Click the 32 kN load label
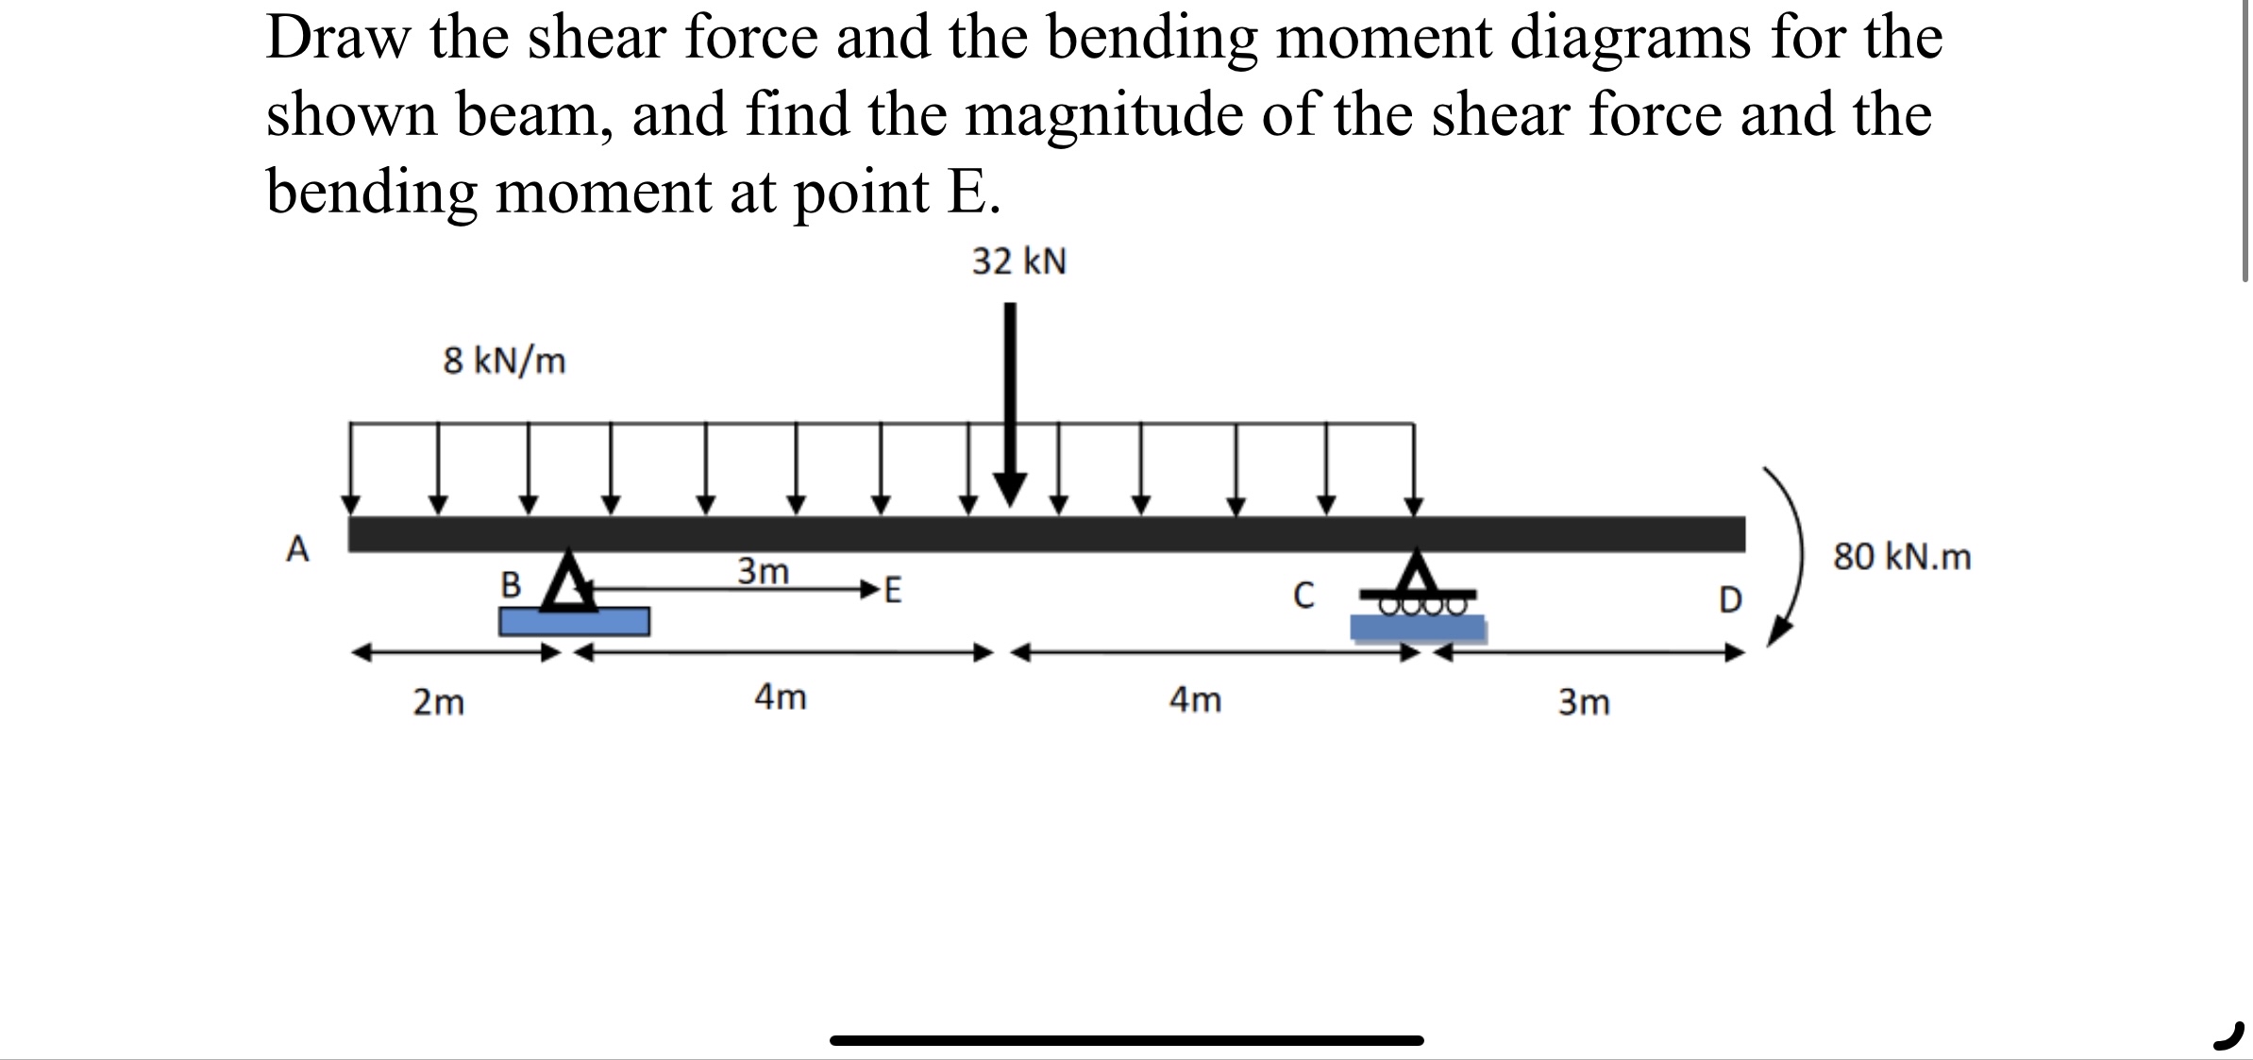pyautogui.click(x=1019, y=261)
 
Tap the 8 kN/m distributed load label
pyautogui.click(x=504, y=361)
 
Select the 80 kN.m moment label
pyautogui.click(x=1902, y=557)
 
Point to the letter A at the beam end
pyautogui.click(x=297, y=548)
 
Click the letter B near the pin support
pyautogui.click(x=511, y=585)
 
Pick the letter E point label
pyautogui.click(x=892, y=592)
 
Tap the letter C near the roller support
pyautogui.click(x=1303, y=596)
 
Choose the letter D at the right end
pyautogui.click(x=1729, y=600)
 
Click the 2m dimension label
pyautogui.click(x=439, y=703)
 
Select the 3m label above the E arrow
pyautogui.click(x=763, y=571)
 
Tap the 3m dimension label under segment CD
pyautogui.click(x=1584, y=703)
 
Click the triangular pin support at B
pyautogui.click(x=569, y=581)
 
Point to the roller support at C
pyautogui.click(x=1417, y=585)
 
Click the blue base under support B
pyautogui.click(x=574, y=622)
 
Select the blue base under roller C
pyautogui.click(x=1418, y=629)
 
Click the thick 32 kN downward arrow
pyautogui.click(x=1010, y=406)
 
